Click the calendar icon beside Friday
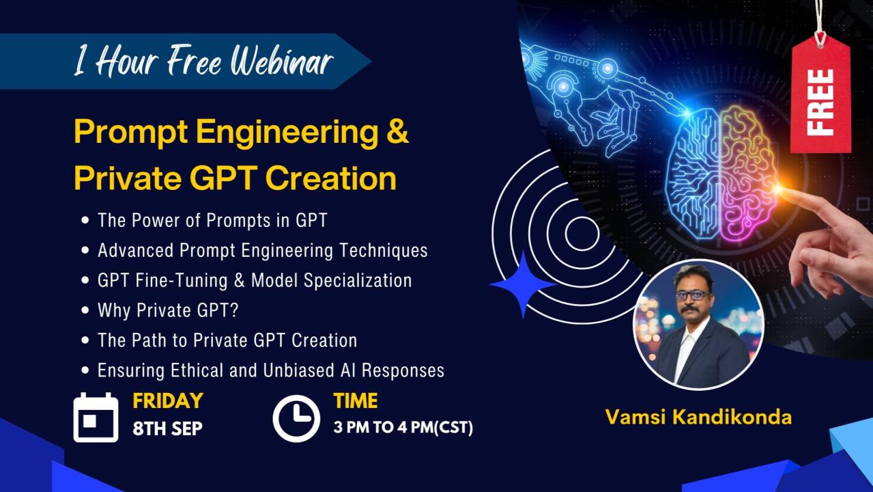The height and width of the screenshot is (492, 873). (96, 418)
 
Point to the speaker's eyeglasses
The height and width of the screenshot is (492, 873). (693, 295)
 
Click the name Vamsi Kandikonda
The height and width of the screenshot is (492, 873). (698, 417)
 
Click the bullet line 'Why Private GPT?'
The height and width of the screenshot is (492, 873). (168, 310)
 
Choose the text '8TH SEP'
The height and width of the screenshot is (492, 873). (168, 429)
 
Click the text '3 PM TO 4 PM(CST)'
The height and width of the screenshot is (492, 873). (403, 428)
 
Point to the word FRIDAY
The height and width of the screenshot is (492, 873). (168, 400)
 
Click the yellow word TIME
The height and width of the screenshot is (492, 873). (356, 400)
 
